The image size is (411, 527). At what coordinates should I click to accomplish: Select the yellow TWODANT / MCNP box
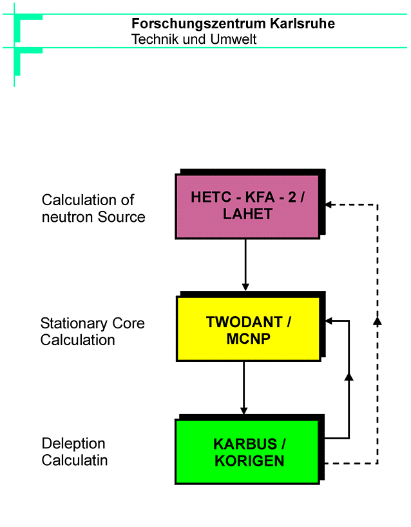(248, 328)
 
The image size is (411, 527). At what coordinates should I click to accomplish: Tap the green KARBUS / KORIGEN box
(247, 452)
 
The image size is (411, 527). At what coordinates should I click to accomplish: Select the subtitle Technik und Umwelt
(194, 39)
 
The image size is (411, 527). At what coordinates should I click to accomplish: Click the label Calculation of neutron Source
(93, 208)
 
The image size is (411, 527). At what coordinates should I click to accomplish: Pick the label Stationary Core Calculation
(92, 332)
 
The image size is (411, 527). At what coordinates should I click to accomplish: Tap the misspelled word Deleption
(73, 444)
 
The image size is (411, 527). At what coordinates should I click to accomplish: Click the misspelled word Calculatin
(75, 461)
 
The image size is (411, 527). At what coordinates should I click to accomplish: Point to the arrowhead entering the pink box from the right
(329, 204)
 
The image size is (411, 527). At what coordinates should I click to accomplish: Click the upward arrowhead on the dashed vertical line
(378, 320)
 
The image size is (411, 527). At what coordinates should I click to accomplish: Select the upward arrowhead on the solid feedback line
(349, 375)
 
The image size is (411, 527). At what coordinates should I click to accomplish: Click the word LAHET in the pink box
(248, 215)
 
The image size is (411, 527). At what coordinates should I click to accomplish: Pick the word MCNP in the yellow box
(249, 337)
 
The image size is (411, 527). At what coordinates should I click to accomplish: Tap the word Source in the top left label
(122, 217)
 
